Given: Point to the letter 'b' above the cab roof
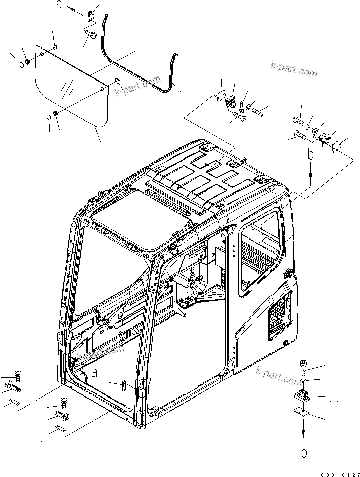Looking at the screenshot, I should (311, 155).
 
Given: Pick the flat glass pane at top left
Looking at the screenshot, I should (70, 88).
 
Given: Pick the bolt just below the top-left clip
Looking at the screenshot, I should (91, 33).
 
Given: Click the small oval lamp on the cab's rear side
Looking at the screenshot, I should (289, 274).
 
